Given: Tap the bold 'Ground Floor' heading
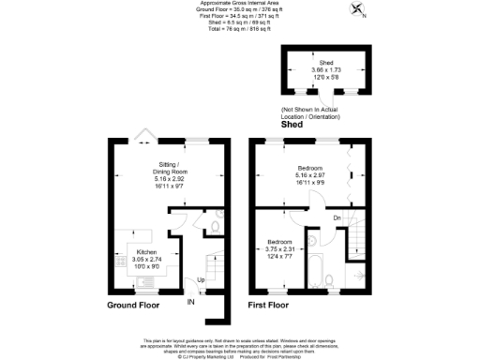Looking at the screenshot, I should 132,306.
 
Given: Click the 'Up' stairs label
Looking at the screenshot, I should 201,279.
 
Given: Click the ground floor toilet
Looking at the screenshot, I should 214,225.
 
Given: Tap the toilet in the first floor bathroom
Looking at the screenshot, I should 335,276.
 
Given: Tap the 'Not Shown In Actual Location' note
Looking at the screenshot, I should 319,113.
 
